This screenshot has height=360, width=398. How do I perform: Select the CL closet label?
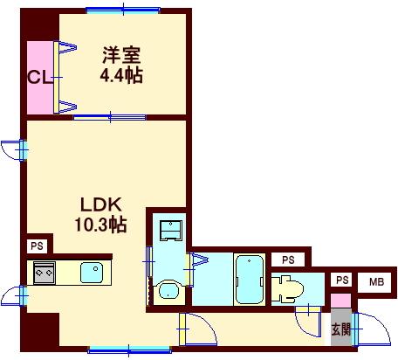(x=38, y=78)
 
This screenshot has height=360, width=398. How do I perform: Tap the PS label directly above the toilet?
(x=286, y=260)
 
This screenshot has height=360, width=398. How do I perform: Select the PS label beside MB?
(x=342, y=280)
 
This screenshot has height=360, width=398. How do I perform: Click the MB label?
(x=374, y=280)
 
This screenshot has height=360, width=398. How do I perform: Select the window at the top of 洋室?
(x=122, y=10)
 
